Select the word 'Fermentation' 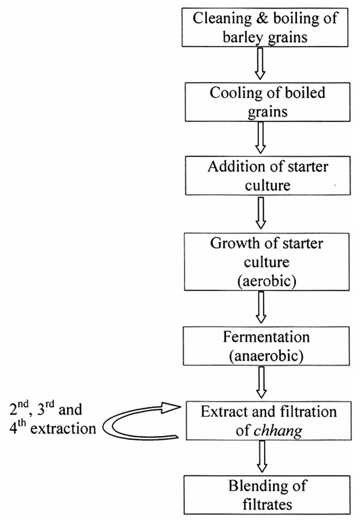(x=266, y=337)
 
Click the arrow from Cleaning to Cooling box (x=260, y=63)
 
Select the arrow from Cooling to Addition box (x=261, y=137)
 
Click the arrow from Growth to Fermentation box (x=261, y=307)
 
